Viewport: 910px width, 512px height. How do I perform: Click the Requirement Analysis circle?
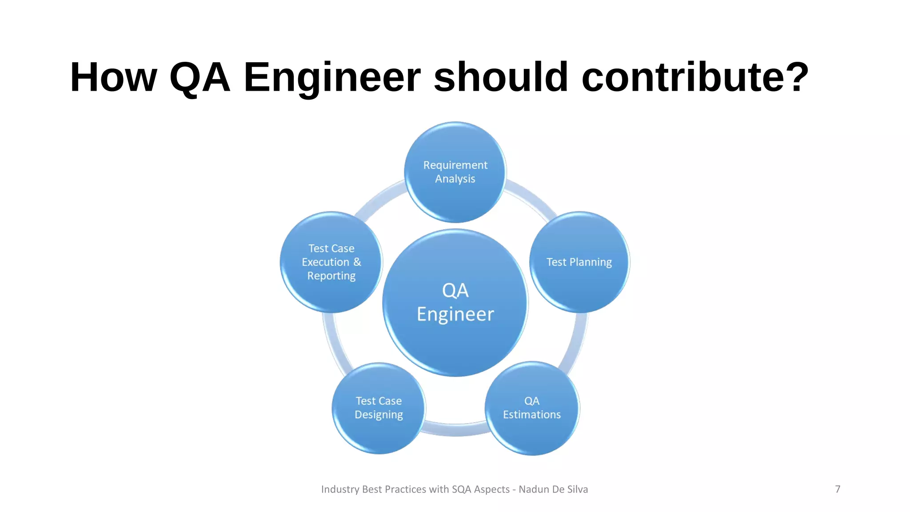pos(455,172)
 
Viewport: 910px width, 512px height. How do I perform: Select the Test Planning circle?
pos(579,262)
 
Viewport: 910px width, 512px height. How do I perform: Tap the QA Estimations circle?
pos(532,408)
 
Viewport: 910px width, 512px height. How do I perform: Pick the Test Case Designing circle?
pos(379,408)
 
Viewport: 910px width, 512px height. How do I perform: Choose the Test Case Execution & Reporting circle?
pos(331,262)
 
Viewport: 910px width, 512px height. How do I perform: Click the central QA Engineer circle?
pos(455,302)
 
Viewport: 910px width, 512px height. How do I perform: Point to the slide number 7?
pos(838,489)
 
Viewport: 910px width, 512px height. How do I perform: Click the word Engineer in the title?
pos(332,77)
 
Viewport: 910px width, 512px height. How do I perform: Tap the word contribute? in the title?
pos(695,77)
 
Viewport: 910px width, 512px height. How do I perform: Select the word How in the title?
pos(114,77)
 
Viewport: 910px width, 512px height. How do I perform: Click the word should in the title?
pos(501,77)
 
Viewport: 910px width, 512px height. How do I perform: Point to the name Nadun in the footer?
pos(534,489)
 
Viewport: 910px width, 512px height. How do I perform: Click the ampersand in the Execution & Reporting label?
pos(357,262)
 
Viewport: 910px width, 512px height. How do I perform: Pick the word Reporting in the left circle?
pos(331,276)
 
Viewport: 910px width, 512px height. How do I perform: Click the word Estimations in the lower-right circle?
pos(532,415)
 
